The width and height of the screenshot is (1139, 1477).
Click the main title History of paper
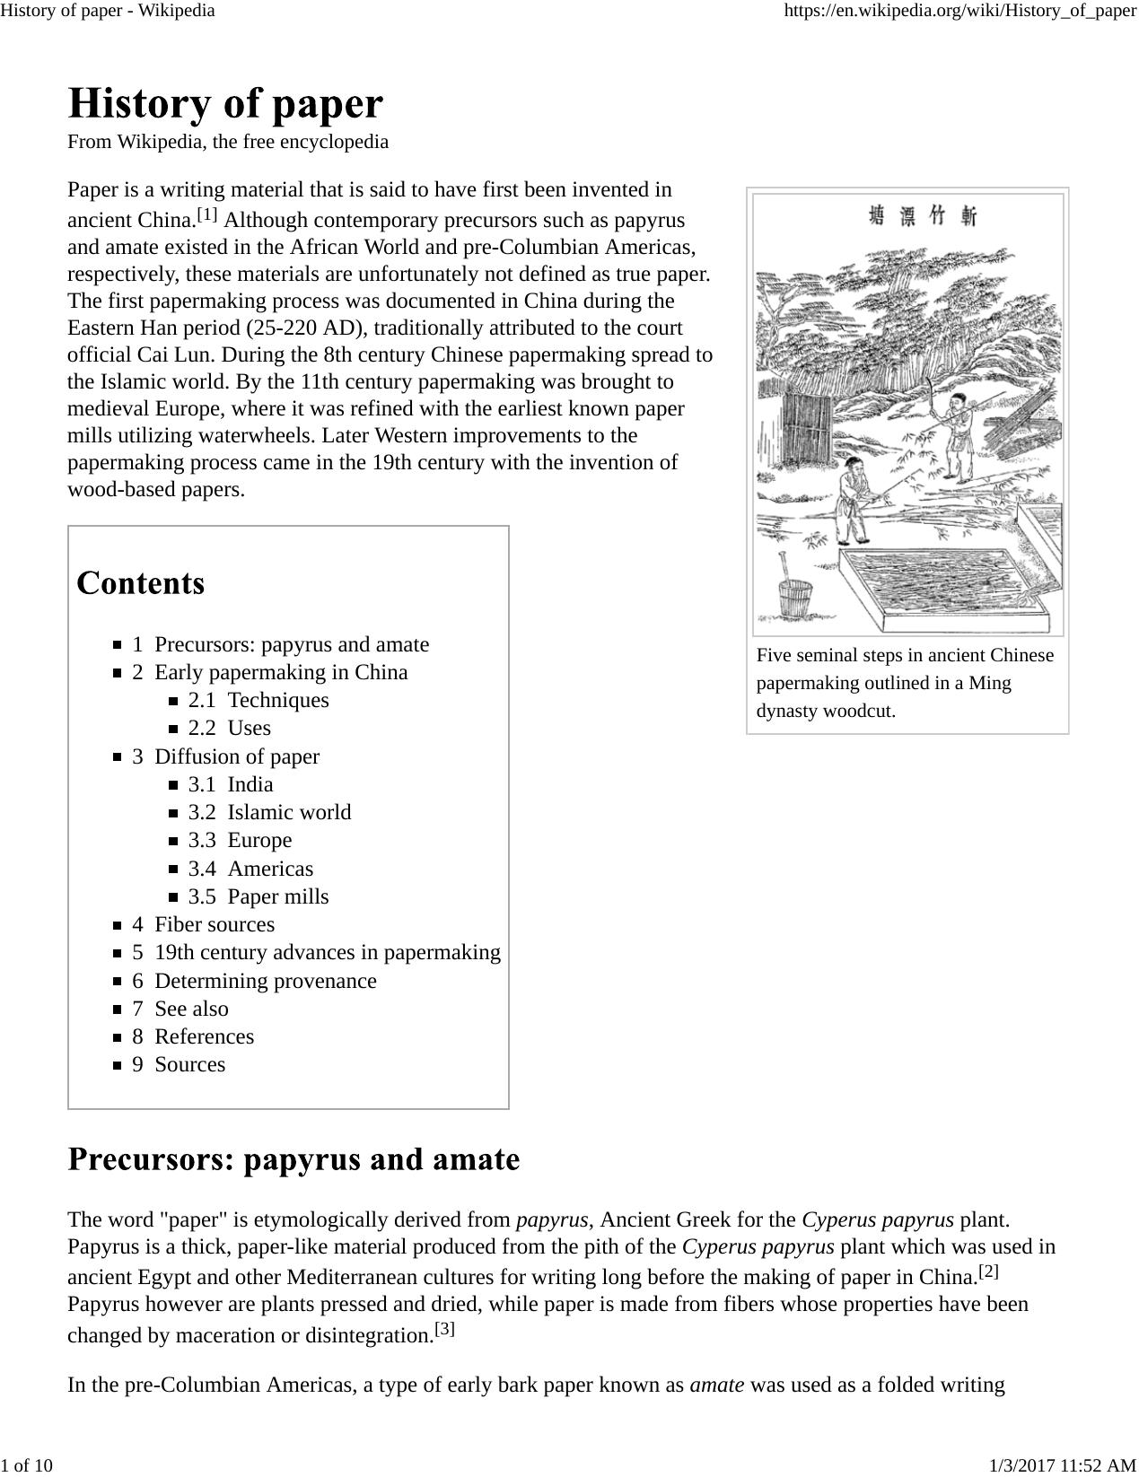coord(225,104)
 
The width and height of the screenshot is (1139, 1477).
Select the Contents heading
coord(141,583)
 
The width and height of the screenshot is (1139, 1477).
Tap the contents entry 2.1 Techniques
coord(258,700)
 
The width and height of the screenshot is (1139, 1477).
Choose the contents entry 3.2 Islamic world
coord(269,812)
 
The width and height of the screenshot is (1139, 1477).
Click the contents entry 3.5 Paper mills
coord(258,896)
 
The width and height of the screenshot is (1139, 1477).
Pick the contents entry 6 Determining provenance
coord(254,981)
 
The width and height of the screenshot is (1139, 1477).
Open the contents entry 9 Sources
coord(179,1064)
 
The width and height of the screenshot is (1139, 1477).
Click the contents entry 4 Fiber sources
coord(204,924)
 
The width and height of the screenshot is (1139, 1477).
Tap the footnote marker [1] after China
coord(207,214)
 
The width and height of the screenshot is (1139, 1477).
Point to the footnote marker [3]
coord(444,1329)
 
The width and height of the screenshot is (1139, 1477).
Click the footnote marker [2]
coord(988,1271)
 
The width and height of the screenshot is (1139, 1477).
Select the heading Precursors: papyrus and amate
coord(294,1159)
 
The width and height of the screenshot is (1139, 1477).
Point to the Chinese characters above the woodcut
coord(923,215)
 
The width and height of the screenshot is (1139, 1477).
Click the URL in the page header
coord(959,11)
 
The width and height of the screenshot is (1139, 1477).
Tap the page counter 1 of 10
coord(27,1465)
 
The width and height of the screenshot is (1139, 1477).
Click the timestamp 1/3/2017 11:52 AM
coord(1063,1465)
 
